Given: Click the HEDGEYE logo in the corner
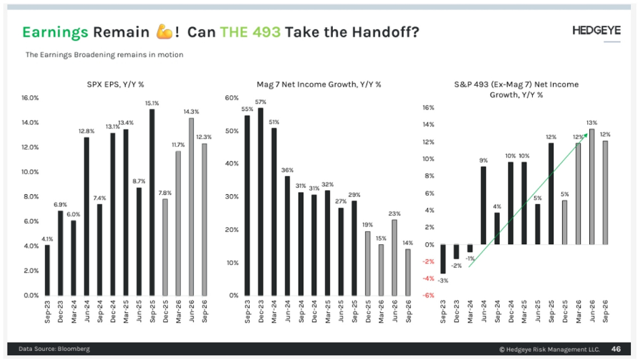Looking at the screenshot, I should [x=596, y=30].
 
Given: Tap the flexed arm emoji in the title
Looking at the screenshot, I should [x=163, y=32].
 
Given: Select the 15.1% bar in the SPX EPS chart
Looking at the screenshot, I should [x=152, y=203].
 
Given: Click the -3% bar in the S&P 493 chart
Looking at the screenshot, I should [x=443, y=259].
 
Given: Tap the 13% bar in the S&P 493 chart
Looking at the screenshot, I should [x=591, y=187].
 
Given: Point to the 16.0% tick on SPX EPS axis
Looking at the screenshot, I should [x=30, y=98].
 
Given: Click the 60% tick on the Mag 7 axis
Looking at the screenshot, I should [x=231, y=98].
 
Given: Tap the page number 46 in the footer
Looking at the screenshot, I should [x=615, y=349].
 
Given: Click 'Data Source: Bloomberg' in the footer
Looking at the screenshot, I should [x=54, y=349].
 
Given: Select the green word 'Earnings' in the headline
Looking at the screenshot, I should [x=55, y=32].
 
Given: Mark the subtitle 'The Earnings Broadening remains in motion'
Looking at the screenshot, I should [x=105, y=54].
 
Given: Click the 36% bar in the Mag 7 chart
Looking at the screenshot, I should [x=287, y=236].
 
